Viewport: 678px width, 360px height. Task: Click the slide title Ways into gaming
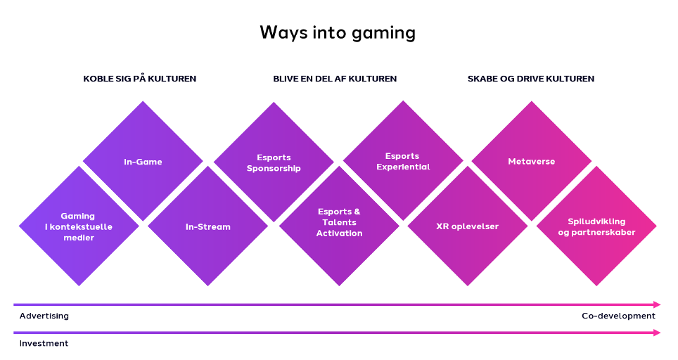pos(338,32)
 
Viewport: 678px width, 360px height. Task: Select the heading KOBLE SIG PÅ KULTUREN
pos(139,79)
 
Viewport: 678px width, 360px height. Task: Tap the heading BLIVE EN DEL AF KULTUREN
pos(335,79)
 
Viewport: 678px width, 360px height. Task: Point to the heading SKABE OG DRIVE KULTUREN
pos(530,79)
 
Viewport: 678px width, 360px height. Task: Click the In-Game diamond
pos(143,162)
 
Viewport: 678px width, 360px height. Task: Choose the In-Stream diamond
pos(207,226)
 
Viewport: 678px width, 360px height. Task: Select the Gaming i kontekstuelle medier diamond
pos(78,226)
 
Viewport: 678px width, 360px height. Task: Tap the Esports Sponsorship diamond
pos(274,162)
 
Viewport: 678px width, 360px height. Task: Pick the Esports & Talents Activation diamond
pos(339,222)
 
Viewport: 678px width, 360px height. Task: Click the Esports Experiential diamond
pos(403,161)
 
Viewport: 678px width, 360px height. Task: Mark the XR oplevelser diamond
pos(468,226)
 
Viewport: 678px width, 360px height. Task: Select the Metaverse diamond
pos(532,162)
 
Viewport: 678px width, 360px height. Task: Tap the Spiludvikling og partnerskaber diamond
pos(596,226)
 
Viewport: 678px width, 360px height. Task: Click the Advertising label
pos(44,316)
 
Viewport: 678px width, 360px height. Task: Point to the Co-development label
pos(618,316)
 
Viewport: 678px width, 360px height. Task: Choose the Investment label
pos(44,343)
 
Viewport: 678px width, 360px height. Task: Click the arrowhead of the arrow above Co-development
pos(657,304)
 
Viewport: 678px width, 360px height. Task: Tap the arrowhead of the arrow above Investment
pos(657,333)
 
